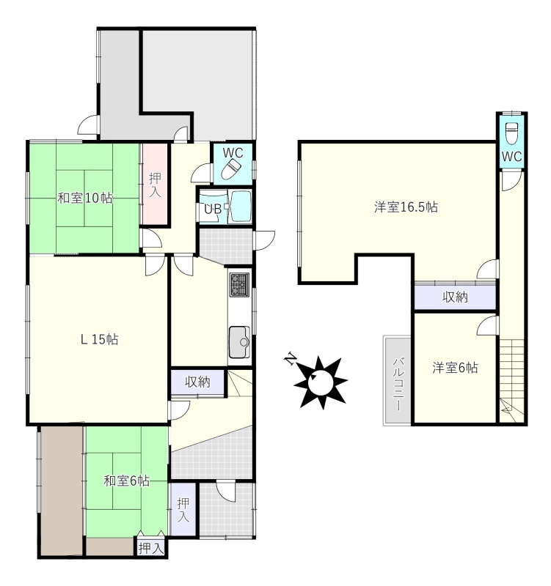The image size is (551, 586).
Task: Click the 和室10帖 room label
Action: [85, 198]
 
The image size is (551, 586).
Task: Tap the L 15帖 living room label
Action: [100, 339]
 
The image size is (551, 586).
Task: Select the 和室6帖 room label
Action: [127, 481]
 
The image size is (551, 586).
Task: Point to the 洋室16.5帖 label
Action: [406, 207]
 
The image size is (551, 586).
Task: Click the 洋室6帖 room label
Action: [455, 368]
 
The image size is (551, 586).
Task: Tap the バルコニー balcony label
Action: [398, 384]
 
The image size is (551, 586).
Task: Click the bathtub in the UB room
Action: [240, 206]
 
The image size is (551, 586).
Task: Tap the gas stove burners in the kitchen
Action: [240, 285]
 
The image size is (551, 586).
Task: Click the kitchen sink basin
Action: [240, 341]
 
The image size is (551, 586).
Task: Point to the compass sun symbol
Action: [321, 382]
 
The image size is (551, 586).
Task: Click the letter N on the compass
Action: [290, 358]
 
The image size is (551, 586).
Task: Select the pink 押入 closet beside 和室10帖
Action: [155, 185]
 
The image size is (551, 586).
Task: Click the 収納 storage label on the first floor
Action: [197, 382]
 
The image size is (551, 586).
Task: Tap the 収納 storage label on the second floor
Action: [455, 297]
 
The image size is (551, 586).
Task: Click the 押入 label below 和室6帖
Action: [151, 548]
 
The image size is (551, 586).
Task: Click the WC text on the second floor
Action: [511, 156]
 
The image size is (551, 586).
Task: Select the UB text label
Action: [213, 209]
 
